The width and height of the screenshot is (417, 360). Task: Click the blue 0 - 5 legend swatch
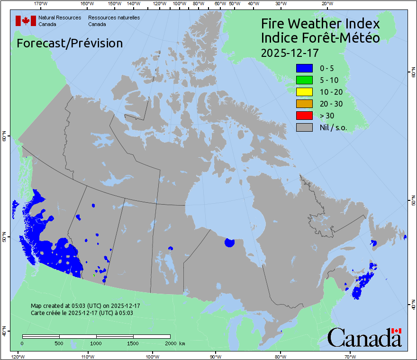[304, 69]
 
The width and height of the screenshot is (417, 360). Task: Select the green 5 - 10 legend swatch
[304, 81]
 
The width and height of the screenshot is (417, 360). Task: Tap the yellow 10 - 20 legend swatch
[304, 92]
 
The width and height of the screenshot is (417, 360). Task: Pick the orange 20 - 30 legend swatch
[304, 104]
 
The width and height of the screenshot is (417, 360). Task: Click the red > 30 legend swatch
[304, 116]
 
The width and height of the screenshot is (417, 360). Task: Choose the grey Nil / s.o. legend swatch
[304, 127]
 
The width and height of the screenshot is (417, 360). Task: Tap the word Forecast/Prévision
[70, 43]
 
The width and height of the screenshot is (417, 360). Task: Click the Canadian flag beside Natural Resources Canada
[26, 21]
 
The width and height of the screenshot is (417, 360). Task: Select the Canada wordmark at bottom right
[364, 337]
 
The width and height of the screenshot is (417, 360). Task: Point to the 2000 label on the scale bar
[169, 343]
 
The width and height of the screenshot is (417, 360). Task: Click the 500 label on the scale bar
[59, 343]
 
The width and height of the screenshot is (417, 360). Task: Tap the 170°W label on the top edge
[41, 4]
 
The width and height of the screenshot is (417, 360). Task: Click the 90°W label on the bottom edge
[216, 356]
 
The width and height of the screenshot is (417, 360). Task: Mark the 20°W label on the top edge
[326, 4]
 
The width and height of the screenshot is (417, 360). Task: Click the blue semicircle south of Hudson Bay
[230, 243]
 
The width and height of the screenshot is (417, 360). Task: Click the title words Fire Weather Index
[320, 24]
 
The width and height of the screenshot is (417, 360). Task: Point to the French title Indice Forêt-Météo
[320, 38]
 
